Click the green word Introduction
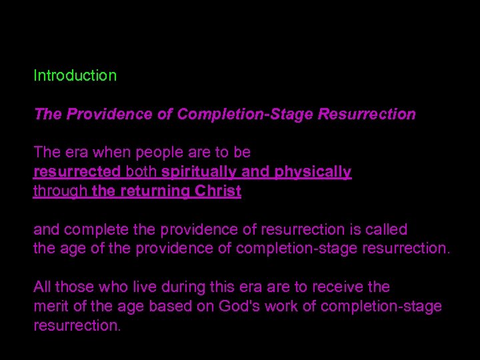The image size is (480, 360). (75, 75)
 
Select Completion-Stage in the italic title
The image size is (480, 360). (245, 114)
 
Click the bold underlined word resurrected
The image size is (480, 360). (77, 172)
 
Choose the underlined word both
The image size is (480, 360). (141, 172)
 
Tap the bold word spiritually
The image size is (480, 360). (199, 172)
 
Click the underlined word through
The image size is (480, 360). (60, 191)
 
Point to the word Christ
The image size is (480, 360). (217, 191)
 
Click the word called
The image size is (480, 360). (383, 229)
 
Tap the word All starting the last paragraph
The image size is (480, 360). (42, 287)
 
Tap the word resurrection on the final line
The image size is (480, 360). (75, 326)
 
